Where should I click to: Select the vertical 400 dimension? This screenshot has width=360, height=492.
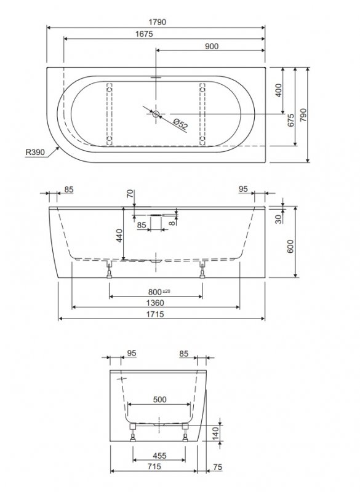[x=278, y=90]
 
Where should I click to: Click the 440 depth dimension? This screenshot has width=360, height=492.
[x=120, y=234]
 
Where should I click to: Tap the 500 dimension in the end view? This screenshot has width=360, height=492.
[x=159, y=399]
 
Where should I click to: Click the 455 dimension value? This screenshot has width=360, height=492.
[x=159, y=456]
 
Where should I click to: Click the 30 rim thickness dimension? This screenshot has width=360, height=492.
[x=279, y=218]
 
